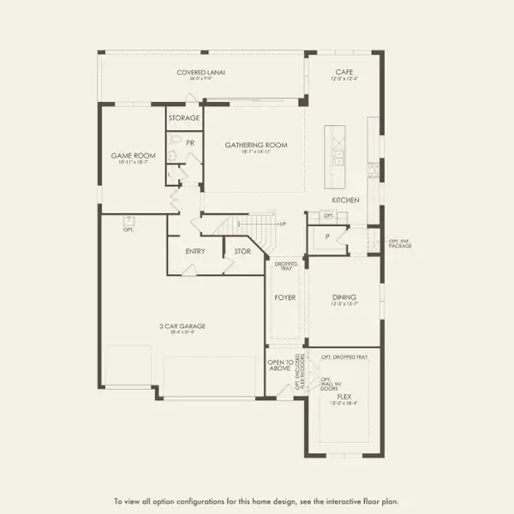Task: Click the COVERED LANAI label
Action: coord(201,73)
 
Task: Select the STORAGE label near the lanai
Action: coord(183,117)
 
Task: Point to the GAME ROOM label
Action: coord(133,156)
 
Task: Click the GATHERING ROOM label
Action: coord(256,145)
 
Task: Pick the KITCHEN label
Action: coord(345,200)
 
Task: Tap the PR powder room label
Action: coord(190,142)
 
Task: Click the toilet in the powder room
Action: coord(174,155)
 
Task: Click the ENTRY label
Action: coord(194,251)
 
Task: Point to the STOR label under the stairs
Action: coord(242,251)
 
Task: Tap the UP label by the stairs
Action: coord(284,224)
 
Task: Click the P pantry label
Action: coord(327,236)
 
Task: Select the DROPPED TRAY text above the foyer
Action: coord(285,266)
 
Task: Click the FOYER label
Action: coord(284,297)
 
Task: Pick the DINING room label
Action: coord(344,297)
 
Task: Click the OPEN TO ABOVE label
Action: coord(280,366)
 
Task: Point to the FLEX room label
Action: coord(344,397)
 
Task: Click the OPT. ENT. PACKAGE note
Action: coord(399,243)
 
